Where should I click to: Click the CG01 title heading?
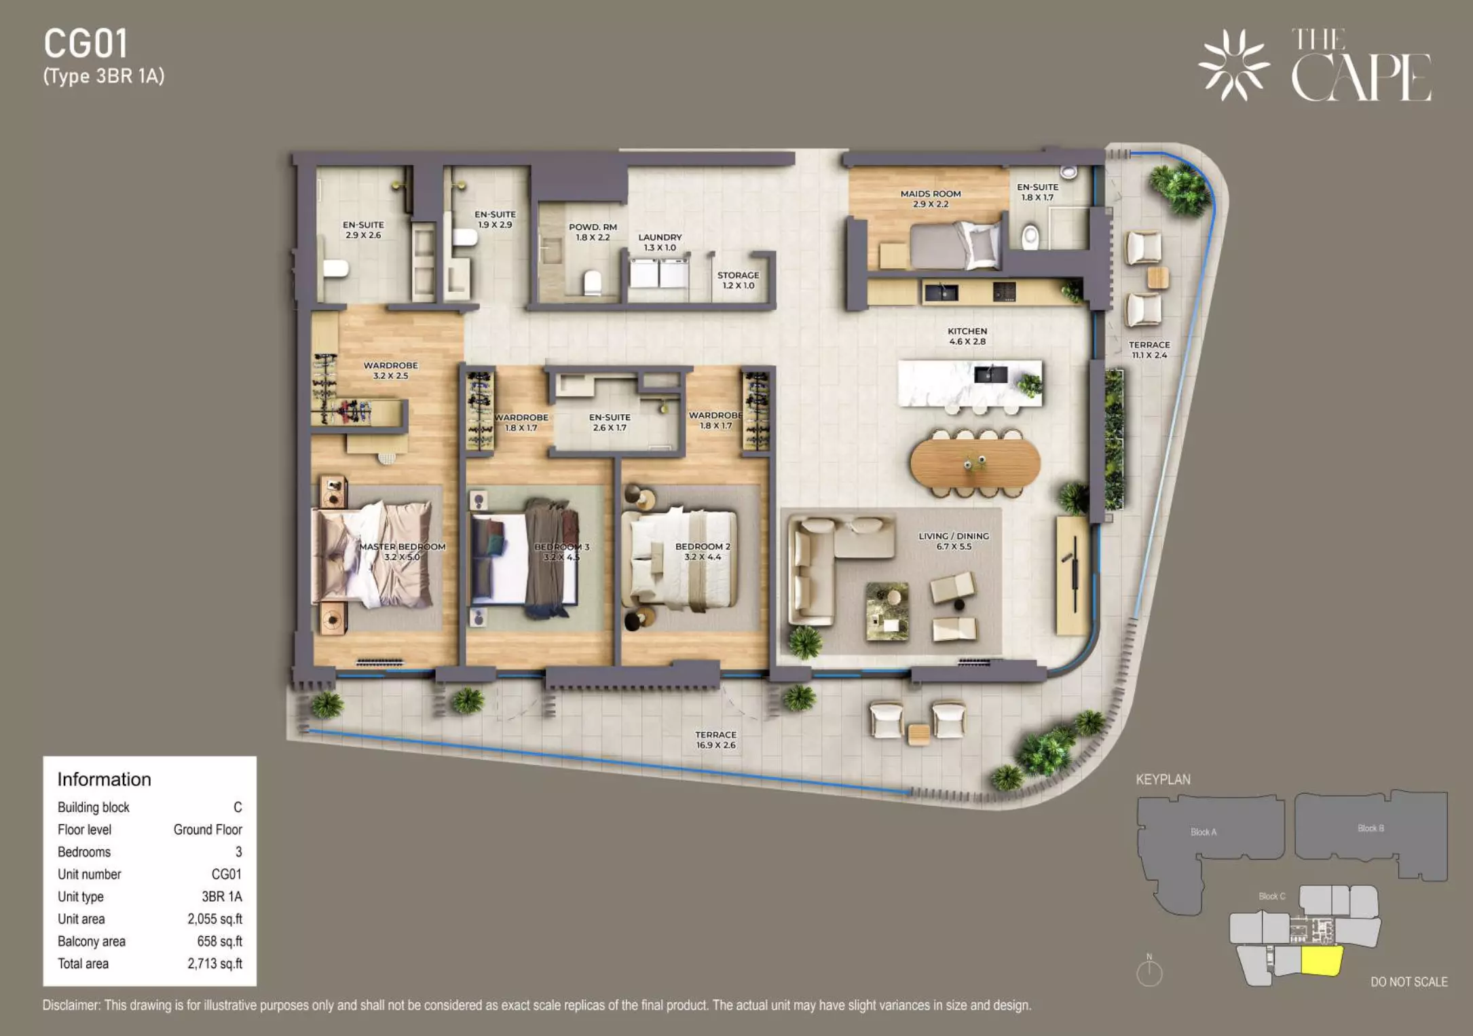pos(86,44)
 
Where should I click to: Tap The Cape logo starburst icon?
pos(1233,64)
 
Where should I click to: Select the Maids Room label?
pos(931,198)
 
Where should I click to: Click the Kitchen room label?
pos(967,336)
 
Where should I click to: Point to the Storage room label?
pos(739,280)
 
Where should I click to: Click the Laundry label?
pos(660,242)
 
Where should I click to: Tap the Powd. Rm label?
pos(593,232)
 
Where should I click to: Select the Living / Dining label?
pos(954,541)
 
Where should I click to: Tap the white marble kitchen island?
pos(970,383)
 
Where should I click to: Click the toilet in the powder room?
pos(593,282)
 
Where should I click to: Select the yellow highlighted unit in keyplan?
pos(1322,960)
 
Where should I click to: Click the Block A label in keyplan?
pos(1204,832)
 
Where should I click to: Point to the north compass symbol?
pos(1149,971)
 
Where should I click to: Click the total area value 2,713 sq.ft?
pos(215,964)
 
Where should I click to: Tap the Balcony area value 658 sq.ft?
pos(219,942)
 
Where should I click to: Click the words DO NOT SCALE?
pos(1409,982)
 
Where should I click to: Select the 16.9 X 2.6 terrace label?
pos(715,745)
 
